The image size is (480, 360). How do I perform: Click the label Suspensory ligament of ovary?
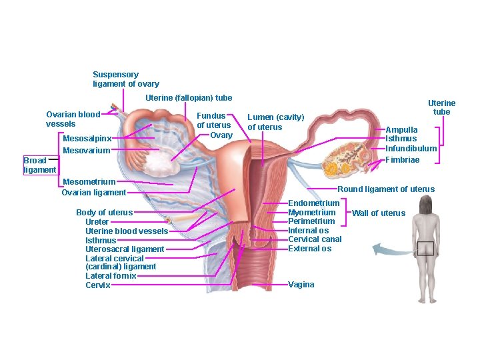pyautogui.click(x=125, y=79)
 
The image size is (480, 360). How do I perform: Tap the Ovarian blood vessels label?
pyautogui.click(x=72, y=119)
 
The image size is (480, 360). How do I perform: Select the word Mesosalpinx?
pyautogui.click(x=87, y=139)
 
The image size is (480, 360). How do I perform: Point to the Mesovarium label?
pyautogui.click(x=86, y=151)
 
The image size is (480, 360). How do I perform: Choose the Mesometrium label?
pyautogui.click(x=89, y=181)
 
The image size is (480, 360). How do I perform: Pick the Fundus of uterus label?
pyautogui.click(x=213, y=120)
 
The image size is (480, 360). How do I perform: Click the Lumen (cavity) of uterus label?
pyautogui.click(x=275, y=122)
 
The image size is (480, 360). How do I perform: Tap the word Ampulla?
pyautogui.click(x=401, y=130)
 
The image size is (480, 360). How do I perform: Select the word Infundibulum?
pyautogui.click(x=411, y=148)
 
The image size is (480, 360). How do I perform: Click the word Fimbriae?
pyautogui.click(x=403, y=160)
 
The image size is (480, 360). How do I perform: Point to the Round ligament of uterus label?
pyautogui.click(x=386, y=189)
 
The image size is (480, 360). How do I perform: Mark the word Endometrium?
pyautogui.click(x=313, y=203)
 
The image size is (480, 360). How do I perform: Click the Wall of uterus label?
pyautogui.click(x=378, y=213)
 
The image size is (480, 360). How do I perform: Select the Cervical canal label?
pyautogui.click(x=315, y=239)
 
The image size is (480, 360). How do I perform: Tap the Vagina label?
pyautogui.click(x=301, y=285)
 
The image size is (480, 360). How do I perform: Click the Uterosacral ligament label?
pyautogui.click(x=125, y=249)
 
